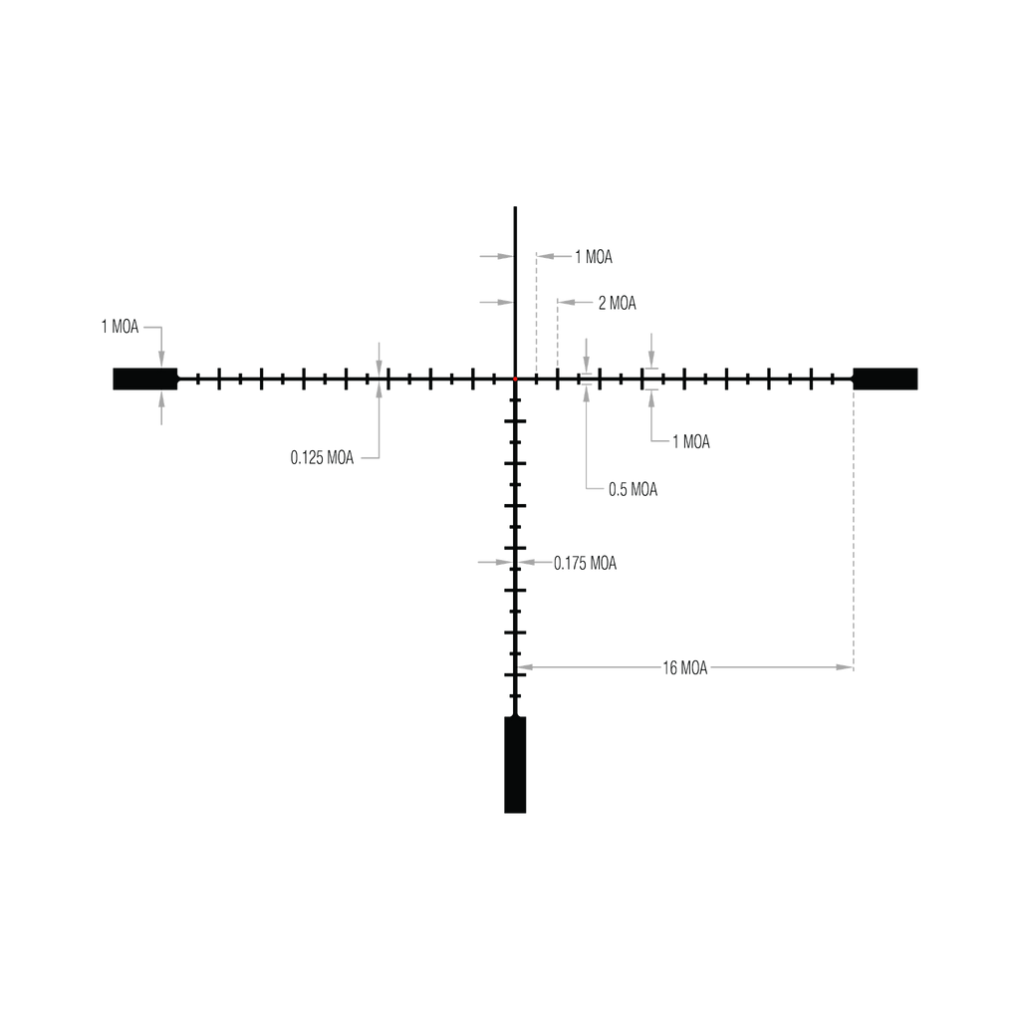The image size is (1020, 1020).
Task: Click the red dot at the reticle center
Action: (515, 380)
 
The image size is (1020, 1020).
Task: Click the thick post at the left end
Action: (140, 379)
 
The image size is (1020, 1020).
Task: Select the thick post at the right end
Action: (886, 379)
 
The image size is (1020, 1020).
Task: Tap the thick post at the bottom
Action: (514, 764)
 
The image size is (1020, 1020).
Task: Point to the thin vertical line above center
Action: (514, 289)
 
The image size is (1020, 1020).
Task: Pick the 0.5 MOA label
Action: (633, 489)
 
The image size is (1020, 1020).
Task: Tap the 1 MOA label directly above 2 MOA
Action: (595, 257)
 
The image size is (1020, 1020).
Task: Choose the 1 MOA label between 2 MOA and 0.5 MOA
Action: (692, 440)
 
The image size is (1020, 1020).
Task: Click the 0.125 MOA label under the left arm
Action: (323, 458)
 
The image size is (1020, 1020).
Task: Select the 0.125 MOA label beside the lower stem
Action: (587, 563)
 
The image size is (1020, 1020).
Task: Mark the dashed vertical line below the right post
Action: (854, 528)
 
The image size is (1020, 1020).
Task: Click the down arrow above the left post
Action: (161, 355)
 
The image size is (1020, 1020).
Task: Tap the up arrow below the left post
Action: (161, 402)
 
